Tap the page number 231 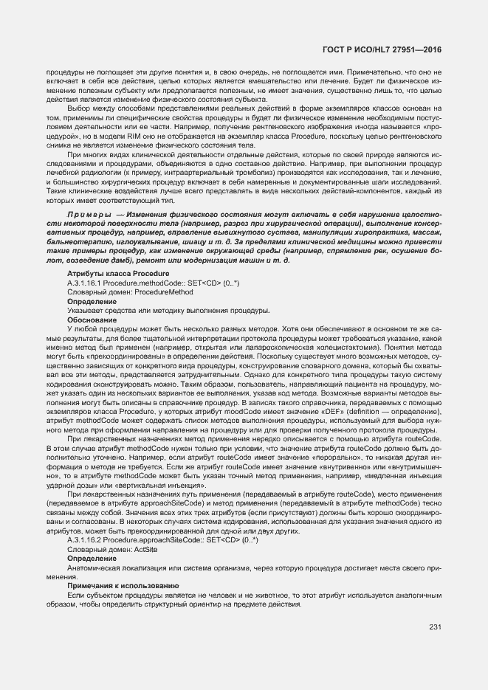(x=434, y=627)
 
